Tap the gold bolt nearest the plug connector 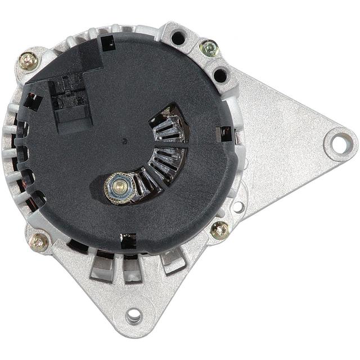click(x=28, y=61)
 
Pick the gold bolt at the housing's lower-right click(x=219, y=229)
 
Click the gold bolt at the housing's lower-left click(x=38, y=242)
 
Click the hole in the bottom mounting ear click(x=134, y=316)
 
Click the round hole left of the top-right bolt click(x=178, y=38)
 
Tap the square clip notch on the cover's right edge click(x=225, y=134)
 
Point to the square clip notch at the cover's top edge click(x=107, y=42)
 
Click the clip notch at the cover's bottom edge click(x=128, y=241)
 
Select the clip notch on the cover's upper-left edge click(x=32, y=101)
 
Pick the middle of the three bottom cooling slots click(x=134, y=268)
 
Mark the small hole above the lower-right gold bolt click(x=238, y=206)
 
